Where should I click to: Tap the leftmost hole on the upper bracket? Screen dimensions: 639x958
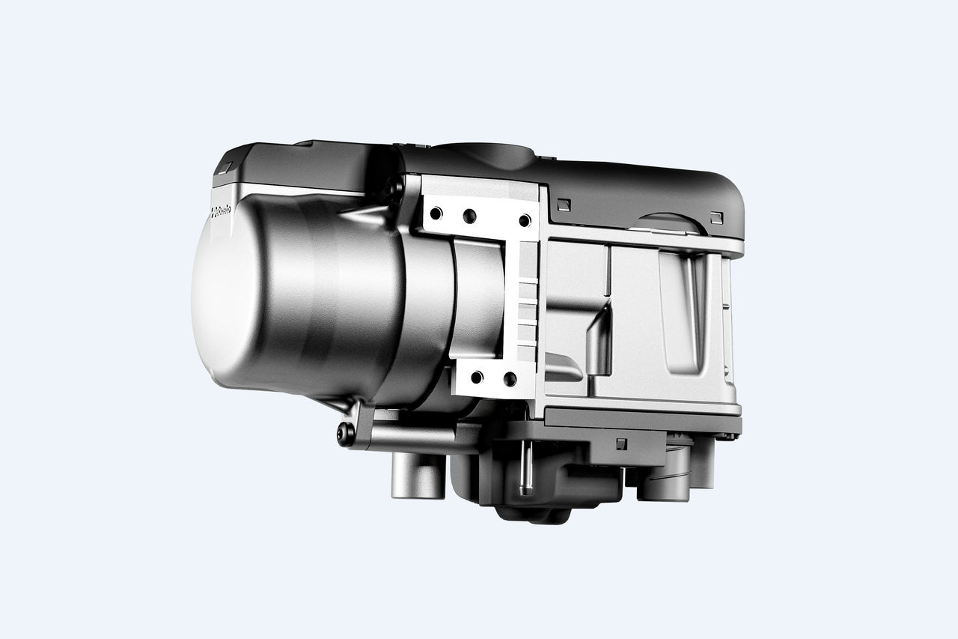[436, 213]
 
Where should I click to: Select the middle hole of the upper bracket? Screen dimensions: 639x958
[469, 216]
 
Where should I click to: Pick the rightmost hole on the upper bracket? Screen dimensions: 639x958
[525, 219]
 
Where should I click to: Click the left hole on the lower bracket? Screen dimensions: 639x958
[477, 376]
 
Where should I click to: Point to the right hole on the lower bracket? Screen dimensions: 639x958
[510, 379]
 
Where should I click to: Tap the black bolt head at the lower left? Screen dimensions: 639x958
[345, 432]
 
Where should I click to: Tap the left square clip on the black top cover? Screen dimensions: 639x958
[564, 203]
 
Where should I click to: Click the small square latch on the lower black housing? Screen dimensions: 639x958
[620, 443]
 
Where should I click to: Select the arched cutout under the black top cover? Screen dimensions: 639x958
[670, 222]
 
